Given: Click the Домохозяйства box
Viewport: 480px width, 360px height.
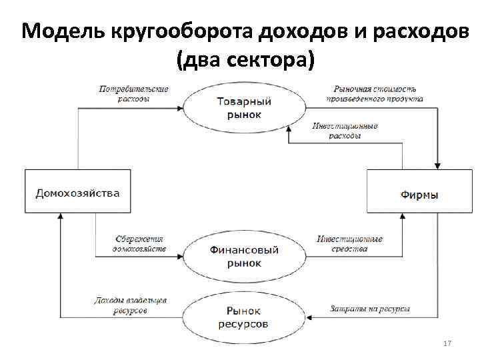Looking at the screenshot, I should pyautogui.click(x=78, y=192).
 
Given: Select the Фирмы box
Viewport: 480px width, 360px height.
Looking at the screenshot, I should pyautogui.click(x=419, y=193).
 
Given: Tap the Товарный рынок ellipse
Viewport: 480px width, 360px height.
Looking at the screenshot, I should pyautogui.click(x=244, y=107).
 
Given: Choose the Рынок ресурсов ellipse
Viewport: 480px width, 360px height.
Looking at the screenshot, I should pyautogui.click(x=244, y=317).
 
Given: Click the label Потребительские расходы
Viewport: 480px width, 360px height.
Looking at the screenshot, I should pyautogui.click(x=133, y=93).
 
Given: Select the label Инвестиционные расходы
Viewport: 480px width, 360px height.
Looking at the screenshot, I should pyautogui.click(x=345, y=131).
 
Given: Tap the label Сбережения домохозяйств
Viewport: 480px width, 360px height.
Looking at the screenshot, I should pyautogui.click(x=138, y=243).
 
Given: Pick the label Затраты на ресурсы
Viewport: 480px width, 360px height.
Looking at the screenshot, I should pyautogui.click(x=369, y=309).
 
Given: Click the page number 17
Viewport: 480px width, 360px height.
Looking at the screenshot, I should pyautogui.click(x=447, y=343).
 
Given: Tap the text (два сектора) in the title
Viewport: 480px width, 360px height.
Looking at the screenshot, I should pyautogui.click(x=244, y=61).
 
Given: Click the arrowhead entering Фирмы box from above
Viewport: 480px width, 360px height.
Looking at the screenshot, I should pyautogui.click(x=437, y=165).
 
